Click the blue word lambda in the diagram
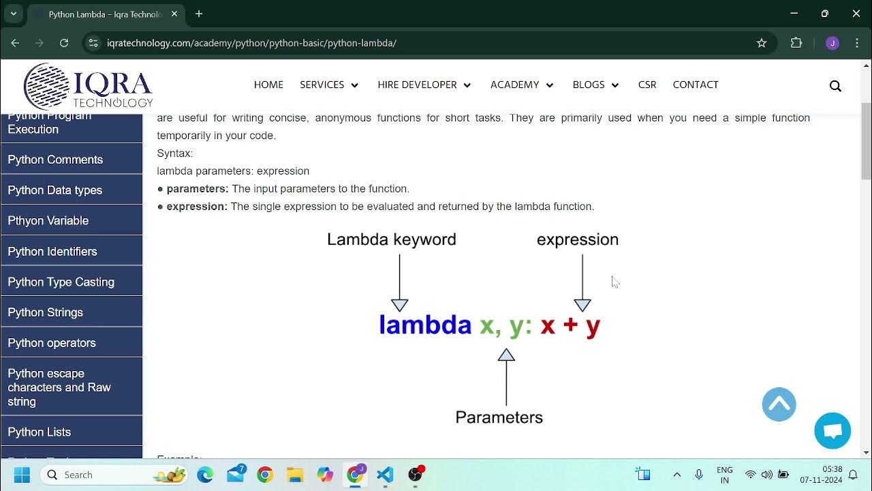pyautogui.click(x=425, y=325)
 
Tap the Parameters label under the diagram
pyautogui.click(x=499, y=417)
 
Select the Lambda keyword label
pyautogui.click(x=391, y=239)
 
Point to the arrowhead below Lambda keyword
pyautogui.click(x=400, y=305)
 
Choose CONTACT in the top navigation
pyautogui.click(x=696, y=85)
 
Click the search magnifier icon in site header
pyautogui.click(x=835, y=86)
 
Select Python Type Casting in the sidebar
pyautogui.click(x=61, y=282)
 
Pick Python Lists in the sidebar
pyautogui.click(x=40, y=432)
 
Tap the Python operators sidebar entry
pyautogui.click(x=52, y=343)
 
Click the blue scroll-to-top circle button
pyautogui.click(x=779, y=404)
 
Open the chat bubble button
pyautogui.click(x=832, y=431)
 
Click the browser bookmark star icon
pyautogui.click(x=762, y=43)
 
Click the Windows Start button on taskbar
pyautogui.click(x=22, y=475)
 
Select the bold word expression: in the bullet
pyautogui.click(x=197, y=206)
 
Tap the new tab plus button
pyautogui.click(x=199, y=14)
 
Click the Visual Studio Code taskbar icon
pyautogui.click(x=385, y=475)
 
